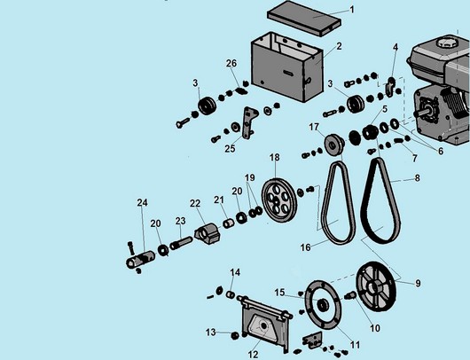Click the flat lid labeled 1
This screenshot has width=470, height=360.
click(303, 18)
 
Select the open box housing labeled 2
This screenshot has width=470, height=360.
click(287, 67)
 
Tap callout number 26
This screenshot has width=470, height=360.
click(231, 64)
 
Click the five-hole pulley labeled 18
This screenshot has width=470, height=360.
click(278, 200)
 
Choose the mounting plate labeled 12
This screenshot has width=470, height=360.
click(267, 325)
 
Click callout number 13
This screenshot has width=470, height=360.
click(211, 333)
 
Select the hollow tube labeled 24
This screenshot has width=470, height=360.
click(141, 259)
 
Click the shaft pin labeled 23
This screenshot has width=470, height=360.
click(181, 243)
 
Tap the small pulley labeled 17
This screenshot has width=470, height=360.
click(335, 145)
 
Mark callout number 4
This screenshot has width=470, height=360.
click(396, 47)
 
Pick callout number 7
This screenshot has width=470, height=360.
click(414, 158)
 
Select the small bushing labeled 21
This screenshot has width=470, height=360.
click(229, 223)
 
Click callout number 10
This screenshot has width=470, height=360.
click(375, 328)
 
